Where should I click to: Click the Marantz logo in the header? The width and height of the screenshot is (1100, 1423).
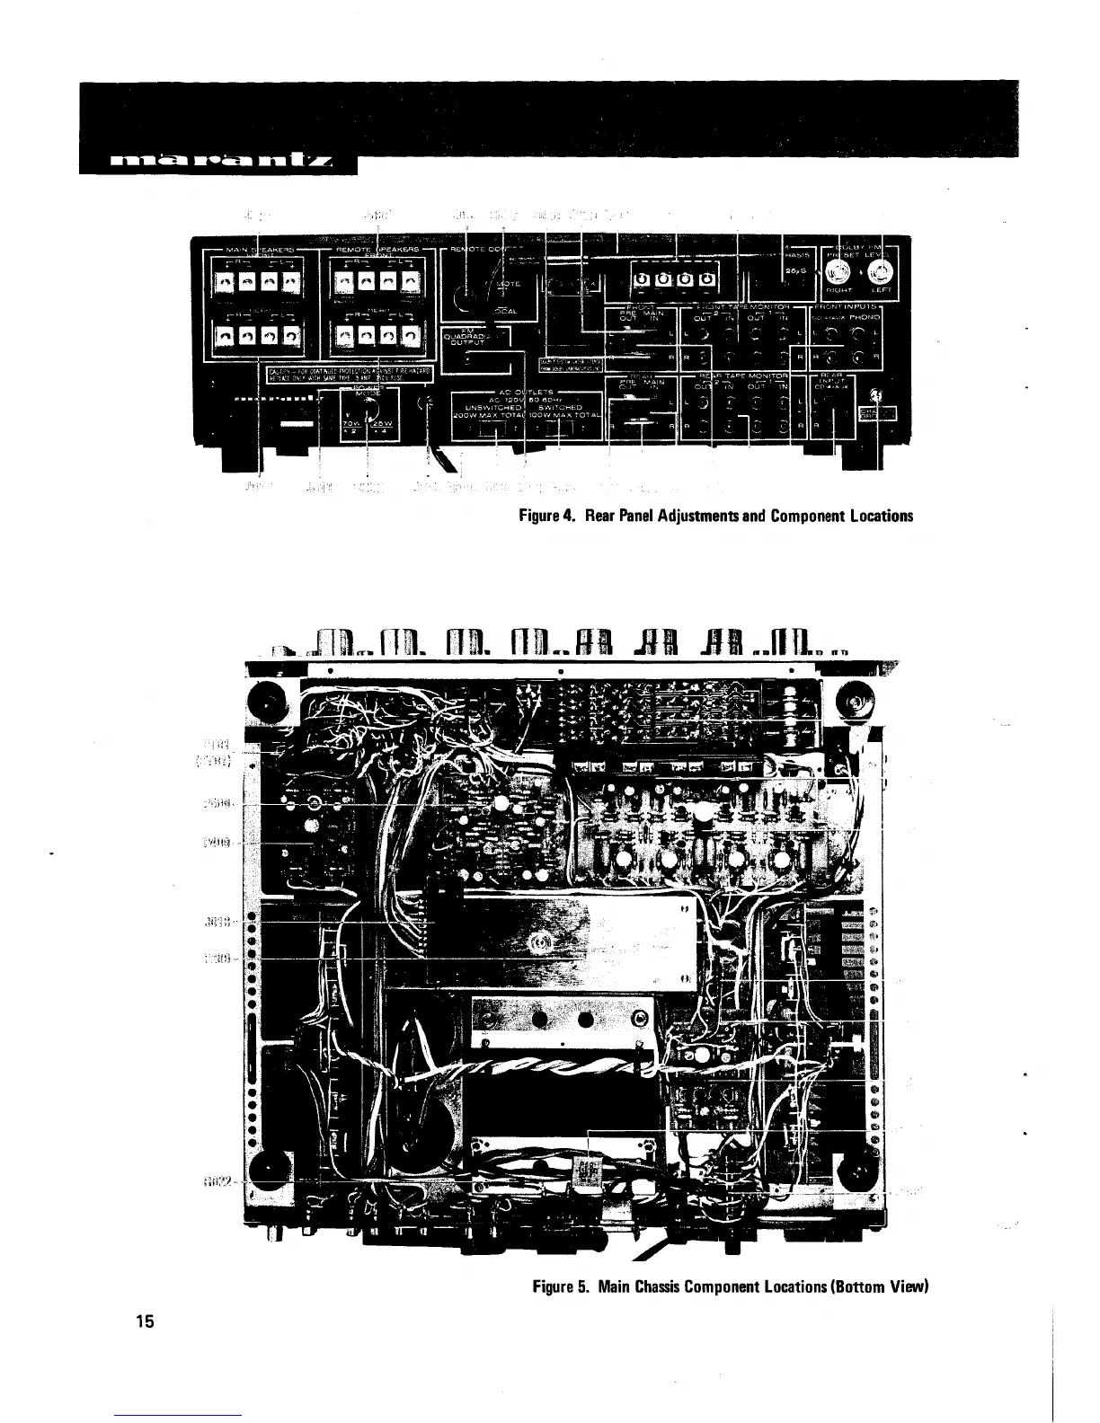coord(221,163)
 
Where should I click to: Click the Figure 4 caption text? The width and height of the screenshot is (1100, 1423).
coord(715,516)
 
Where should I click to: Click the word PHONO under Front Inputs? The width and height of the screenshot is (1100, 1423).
coord(866,317)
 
